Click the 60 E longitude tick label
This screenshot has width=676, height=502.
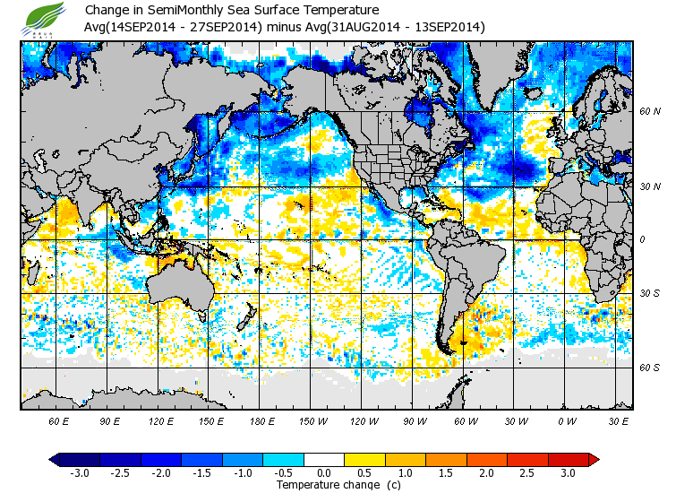coord(59,420)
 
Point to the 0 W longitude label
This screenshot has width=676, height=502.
coord(566,420)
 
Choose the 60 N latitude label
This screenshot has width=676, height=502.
coord(649,112)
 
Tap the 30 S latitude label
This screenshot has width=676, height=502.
coord(649,293)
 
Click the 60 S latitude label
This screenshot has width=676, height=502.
coord(649,368)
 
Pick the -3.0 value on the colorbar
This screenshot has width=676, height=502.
coord(79,472)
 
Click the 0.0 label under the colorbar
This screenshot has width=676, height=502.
coord(324,472)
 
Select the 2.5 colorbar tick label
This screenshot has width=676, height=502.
coord(527,472)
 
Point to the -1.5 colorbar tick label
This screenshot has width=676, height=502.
coord(201,472)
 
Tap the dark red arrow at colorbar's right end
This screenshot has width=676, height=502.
coord(594,459)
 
